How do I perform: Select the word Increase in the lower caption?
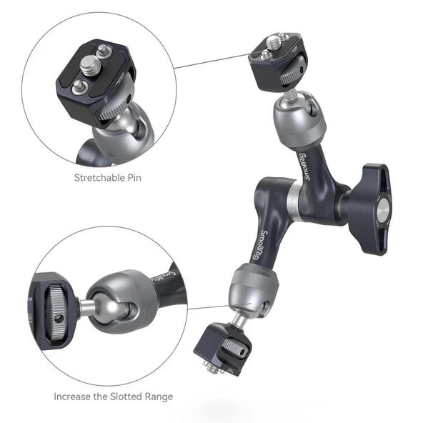coord(75,396)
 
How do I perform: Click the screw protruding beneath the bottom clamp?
coord(214,367)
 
